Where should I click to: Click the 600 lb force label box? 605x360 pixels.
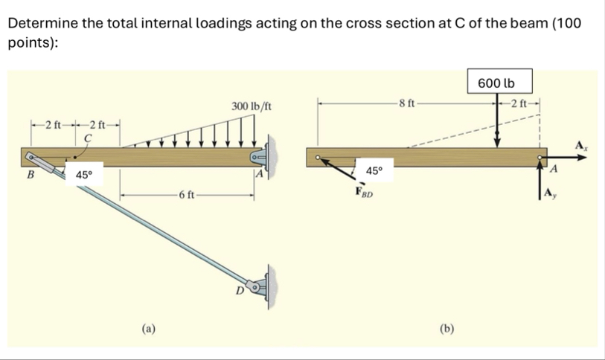(x=496, y=82)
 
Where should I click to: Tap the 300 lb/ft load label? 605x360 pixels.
(x=250, y=107)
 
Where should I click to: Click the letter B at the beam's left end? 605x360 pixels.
(x=31, y=176)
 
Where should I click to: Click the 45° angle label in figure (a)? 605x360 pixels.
(x=83, y=175)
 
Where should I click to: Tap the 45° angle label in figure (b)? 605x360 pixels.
(x=374, y=171)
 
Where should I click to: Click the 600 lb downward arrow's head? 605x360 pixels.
(x=498, y=144)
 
